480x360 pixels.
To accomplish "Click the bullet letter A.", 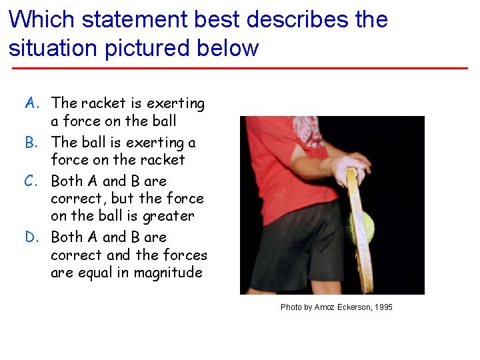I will [x=31, y=103].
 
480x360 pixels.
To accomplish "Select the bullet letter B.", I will [x=31, y=142].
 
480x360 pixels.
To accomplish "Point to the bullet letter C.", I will [x=31, y=181].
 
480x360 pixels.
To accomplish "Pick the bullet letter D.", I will [x=31, y=237].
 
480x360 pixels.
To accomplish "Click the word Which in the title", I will [x=41, y=19].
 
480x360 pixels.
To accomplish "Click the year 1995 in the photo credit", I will [x=383, y=307].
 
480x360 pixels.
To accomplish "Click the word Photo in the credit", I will [x=291, y=307].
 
